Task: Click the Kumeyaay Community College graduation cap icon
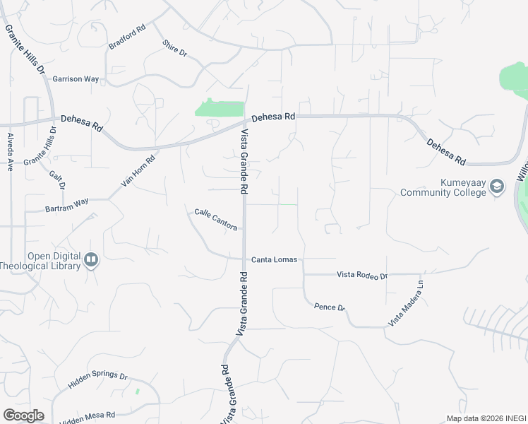[497, 187]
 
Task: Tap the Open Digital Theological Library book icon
[90, 261]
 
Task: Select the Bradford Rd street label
[127, 37]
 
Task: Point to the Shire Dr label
[174, 47]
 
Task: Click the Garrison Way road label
[76, 79]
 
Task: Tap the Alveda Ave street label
[11, 152]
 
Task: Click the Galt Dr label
[57, 180]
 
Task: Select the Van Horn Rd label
[138, 171]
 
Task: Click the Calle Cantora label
[215, 218]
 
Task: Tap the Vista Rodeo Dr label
[362, 274]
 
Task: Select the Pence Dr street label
[329, 307]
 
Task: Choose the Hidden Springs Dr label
[97, 382]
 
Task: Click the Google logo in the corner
[23, 416]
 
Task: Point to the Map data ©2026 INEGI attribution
[486, 418]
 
